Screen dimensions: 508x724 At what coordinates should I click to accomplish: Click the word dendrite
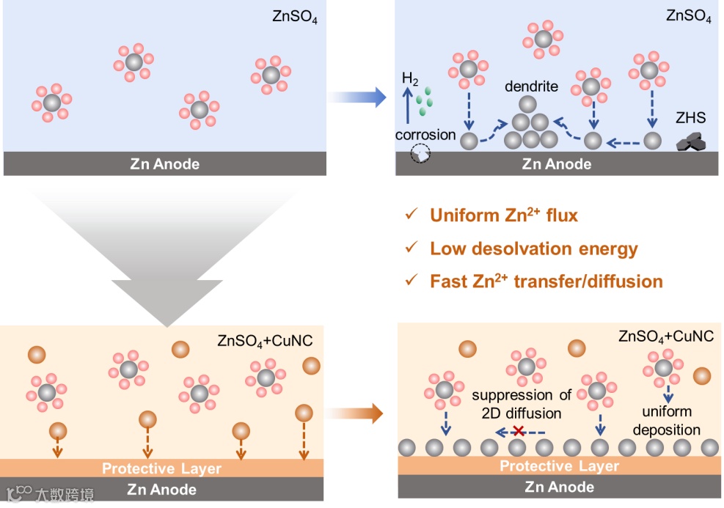pos(531,86)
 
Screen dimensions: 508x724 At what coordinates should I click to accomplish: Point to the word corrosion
pos(425,135)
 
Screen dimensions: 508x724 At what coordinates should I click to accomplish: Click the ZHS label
pos(690,117)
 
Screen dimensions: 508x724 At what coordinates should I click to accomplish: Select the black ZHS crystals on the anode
pos(692,143)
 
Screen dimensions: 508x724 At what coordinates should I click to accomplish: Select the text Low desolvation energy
pos(533,249)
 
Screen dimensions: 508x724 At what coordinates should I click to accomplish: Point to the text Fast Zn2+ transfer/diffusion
pos(546,281)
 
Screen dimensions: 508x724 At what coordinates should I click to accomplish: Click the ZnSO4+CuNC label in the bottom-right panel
pos(665,337)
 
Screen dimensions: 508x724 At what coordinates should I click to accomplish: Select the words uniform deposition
pos(666,421)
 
